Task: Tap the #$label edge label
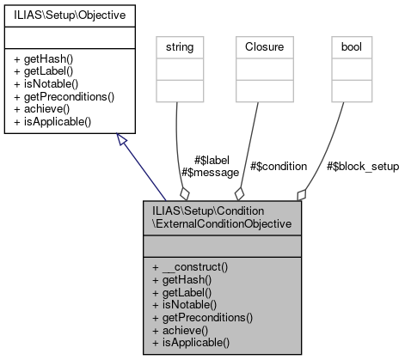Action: click(x=210, y=160)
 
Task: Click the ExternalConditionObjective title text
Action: click(x=222, y=224)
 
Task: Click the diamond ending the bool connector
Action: click(x=300, y=194)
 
